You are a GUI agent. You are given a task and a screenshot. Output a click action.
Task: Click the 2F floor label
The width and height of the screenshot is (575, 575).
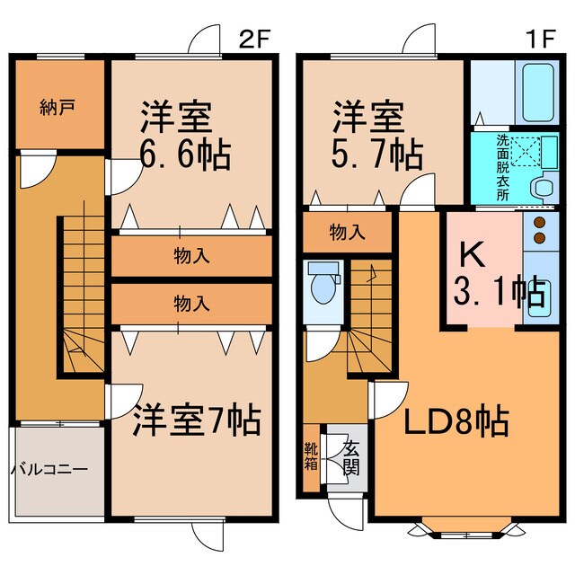click(255, 39)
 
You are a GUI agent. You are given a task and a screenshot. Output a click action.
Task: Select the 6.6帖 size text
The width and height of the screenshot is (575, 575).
click(184, 154)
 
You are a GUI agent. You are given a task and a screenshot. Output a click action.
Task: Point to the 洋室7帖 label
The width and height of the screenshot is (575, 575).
click(198, 419)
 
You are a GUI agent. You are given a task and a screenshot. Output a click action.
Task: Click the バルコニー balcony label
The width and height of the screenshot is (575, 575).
click(49, 469)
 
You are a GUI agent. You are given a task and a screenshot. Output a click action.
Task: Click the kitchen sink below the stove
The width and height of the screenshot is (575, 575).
click(540, 301)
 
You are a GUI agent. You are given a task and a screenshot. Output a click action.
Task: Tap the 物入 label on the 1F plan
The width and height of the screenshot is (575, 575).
click(348, 233)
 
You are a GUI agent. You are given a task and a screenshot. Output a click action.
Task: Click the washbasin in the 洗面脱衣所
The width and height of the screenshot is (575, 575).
click(542, 188)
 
